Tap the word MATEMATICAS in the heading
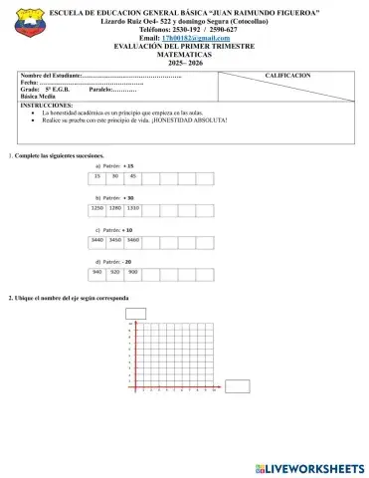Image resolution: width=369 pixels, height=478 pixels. (x=184, y=54)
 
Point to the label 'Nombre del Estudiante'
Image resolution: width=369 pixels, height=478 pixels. (x=51, y=76)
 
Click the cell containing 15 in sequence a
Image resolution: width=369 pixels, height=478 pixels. (x=98, y=175)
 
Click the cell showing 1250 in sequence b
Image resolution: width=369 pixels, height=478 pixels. (x=98, y=210)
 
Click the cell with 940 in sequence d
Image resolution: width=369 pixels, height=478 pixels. (x=98, y=271)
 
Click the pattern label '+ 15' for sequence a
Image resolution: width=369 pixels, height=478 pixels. (x=130, y=165)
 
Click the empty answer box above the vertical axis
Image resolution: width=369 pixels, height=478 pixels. (x=137, y=315)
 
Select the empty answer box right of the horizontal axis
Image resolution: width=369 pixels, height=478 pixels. (x=237, y=386)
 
